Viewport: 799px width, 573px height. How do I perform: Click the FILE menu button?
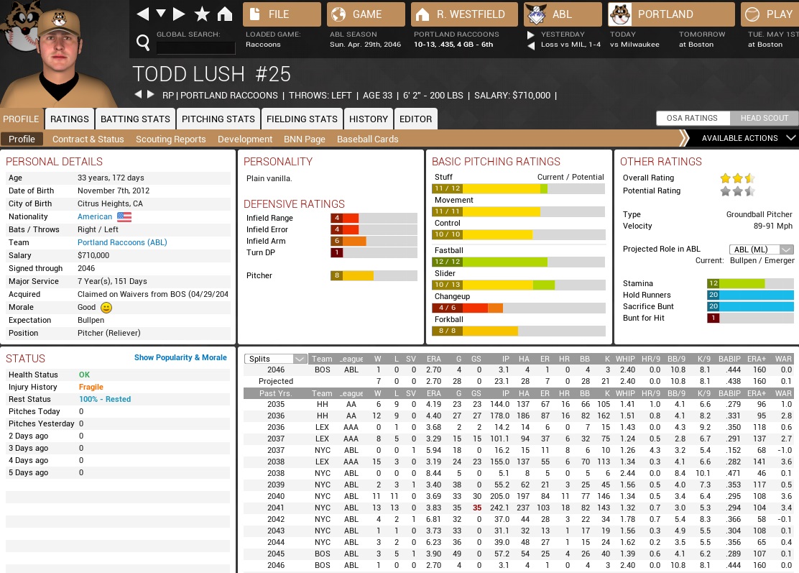282,14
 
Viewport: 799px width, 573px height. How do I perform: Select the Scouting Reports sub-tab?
170,139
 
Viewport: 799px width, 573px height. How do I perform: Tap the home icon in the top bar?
225,14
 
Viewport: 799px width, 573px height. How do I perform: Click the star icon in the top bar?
202,14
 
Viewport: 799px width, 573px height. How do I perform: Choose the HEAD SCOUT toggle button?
765,119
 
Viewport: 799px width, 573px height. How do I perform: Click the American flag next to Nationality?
124,217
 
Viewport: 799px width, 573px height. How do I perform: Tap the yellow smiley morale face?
106,308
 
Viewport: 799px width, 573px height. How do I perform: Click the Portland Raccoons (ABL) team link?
122,243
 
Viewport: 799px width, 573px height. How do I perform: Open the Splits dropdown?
276,359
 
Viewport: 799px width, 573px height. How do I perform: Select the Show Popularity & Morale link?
180,357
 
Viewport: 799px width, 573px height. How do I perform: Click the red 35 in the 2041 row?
476,508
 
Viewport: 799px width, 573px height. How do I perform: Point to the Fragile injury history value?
91,388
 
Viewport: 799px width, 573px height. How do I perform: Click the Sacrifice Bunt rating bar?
750,306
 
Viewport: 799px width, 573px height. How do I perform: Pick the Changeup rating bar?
517,308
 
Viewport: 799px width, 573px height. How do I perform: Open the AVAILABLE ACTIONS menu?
740,138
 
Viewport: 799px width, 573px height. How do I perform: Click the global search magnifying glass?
143,44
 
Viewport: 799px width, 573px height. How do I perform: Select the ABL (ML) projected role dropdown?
761,249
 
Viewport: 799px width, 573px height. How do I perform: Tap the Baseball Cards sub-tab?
367,139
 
